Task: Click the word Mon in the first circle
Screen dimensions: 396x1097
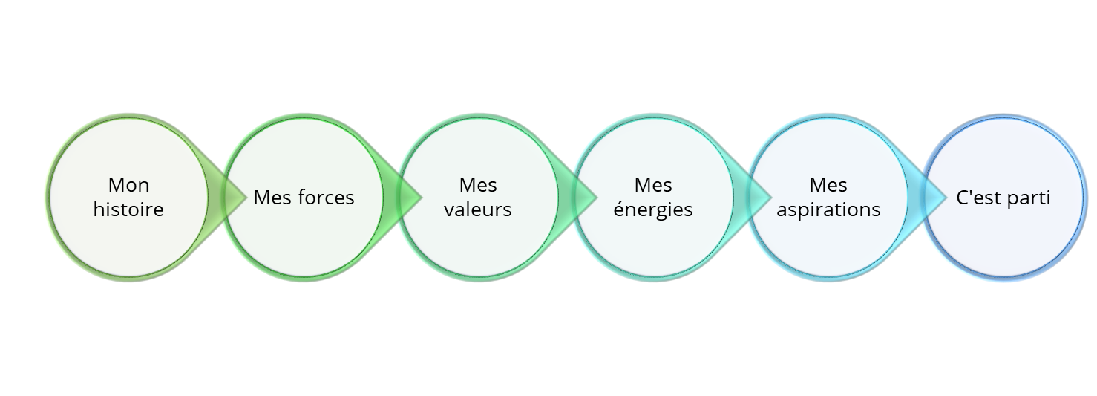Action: [x=128, y=185]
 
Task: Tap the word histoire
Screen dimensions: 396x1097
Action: [x=128, y=210]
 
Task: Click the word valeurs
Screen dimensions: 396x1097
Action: [x=478, y=210]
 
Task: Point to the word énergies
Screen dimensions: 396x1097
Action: [x=653, y=210]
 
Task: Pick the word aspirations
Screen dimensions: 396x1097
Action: [x=828, y=210]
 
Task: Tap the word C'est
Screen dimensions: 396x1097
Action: [x=978, y=198]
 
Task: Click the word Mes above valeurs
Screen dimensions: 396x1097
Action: [x=478, y=185]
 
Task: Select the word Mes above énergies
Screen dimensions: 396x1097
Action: [x=653, y=185]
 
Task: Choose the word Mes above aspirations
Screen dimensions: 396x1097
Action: [x=828, y=185]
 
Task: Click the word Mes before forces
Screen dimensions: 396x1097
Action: [x=270, y=198]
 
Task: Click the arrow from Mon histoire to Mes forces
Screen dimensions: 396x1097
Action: [x=233, y=197]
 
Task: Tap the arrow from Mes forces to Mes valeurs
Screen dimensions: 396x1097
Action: [x=409, y=197]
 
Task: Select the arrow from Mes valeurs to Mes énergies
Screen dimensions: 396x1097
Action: [x=584, y=197]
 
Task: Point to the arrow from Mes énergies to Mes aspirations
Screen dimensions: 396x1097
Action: [x=759, y=197]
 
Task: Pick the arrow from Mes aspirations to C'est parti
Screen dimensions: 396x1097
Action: [x=934, y=197]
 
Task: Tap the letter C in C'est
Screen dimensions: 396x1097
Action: [x=963, y=198]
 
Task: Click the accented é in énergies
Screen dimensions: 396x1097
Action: [x=619, y=209]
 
